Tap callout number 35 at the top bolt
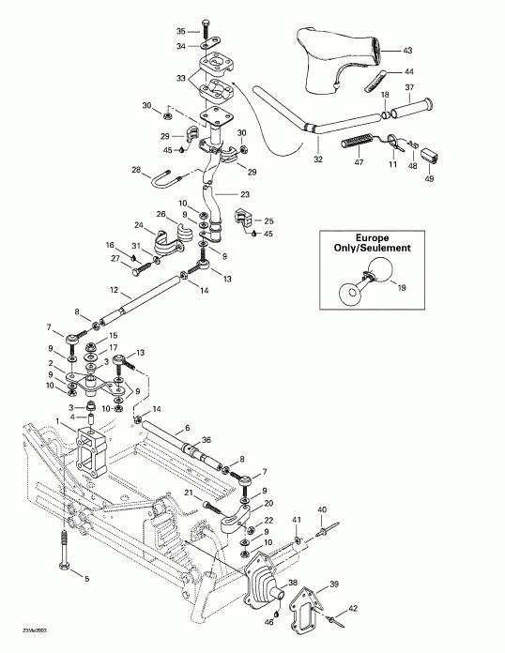pos(182,32)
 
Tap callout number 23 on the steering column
pos(245,194)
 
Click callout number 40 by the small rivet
pos(322,509)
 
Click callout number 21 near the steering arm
pos(188,494)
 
